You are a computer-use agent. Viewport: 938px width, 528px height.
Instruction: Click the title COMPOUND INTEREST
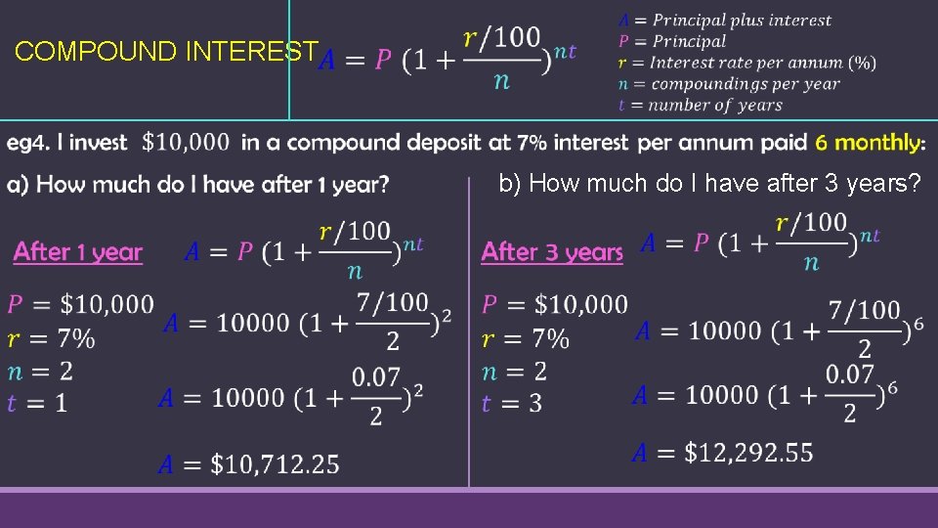point(166,52)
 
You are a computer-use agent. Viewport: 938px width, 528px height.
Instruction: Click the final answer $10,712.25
point(249,462)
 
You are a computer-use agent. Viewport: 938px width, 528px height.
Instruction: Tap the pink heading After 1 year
point(78,252)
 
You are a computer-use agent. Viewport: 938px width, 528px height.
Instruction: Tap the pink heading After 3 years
point(552,252)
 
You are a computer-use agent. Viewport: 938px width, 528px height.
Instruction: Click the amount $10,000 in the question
point(186,143)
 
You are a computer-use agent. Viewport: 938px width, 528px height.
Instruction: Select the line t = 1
point(37,402)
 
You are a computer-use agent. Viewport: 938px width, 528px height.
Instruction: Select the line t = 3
point(512,402)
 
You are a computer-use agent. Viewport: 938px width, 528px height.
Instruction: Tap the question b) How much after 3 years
point(709,183)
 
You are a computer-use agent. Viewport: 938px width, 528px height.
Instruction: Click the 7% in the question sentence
point(532,143)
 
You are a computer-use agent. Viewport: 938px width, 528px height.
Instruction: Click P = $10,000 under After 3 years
point(555,304)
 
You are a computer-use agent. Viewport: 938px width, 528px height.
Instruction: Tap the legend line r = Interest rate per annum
point(746,63)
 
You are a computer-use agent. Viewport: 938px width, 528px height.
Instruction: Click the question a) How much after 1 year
point(198,184)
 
